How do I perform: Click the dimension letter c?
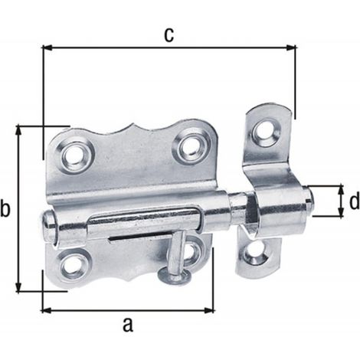click(169, 35)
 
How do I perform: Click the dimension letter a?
click(128, 325)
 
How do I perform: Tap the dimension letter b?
click(5, 208)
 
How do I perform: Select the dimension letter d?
click(355, 201)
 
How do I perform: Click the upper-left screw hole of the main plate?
click(74, 155)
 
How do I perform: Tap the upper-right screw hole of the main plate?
click(191, 148)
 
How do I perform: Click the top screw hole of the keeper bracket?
click(266, 129)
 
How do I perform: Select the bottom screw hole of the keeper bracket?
click(255, 253)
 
